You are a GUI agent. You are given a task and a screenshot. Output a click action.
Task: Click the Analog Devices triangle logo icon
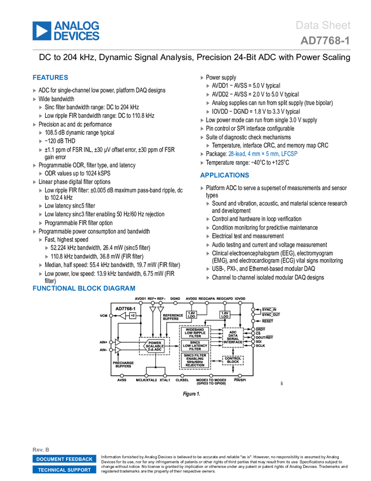(42, 31)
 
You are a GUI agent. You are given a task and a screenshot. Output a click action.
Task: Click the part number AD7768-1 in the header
(325, 41)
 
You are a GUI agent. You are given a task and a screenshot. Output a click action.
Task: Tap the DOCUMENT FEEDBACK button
(64, 459)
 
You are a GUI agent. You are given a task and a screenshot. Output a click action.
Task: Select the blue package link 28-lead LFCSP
(263, 154)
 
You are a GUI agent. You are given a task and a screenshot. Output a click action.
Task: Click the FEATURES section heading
(50, 78)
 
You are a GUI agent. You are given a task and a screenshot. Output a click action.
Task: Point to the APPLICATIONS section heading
(224, 175)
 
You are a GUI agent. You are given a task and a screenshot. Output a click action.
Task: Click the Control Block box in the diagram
(233, 360)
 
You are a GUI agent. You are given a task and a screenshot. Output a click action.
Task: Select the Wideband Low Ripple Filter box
(195, 333)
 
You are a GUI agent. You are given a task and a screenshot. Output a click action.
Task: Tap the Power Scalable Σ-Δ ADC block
(154, 346)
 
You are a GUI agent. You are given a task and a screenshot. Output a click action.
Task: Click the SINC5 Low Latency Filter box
(195, 345)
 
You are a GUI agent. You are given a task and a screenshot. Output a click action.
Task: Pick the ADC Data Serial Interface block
(233, 337)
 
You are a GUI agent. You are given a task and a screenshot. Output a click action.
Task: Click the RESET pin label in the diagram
(267, 321)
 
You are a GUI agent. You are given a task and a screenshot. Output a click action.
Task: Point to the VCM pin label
(103, 316)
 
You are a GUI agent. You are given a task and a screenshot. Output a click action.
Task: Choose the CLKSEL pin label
(182, 380)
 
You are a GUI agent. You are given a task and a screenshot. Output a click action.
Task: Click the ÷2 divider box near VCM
(133, 315)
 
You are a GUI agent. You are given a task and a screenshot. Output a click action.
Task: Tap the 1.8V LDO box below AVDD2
(191, 315)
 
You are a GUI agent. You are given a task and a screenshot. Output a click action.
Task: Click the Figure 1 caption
(191, 394)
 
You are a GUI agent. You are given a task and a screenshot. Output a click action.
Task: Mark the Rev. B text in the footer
(41, 450)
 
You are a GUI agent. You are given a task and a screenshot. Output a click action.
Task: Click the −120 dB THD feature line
(60, 141)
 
